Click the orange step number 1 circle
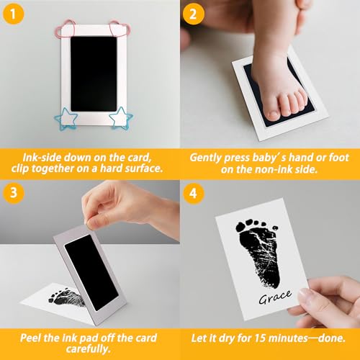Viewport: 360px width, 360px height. (13, 14)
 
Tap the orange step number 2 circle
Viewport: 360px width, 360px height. (193, 14)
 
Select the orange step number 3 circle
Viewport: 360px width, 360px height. (14, 193)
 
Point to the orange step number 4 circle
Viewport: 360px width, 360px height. (194, 193)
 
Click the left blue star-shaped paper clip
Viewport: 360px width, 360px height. (66, 119)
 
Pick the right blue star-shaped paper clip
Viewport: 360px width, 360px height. (121, 118)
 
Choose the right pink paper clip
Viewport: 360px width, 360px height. (120, 30)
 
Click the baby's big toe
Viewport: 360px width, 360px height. (273, 114)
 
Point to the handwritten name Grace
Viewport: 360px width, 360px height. (275, 297)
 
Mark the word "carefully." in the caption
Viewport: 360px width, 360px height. (89, 349)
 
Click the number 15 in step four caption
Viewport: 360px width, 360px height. (260, 338)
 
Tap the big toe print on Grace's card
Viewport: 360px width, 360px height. (241, 228)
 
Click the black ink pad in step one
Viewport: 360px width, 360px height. (94, 73)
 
